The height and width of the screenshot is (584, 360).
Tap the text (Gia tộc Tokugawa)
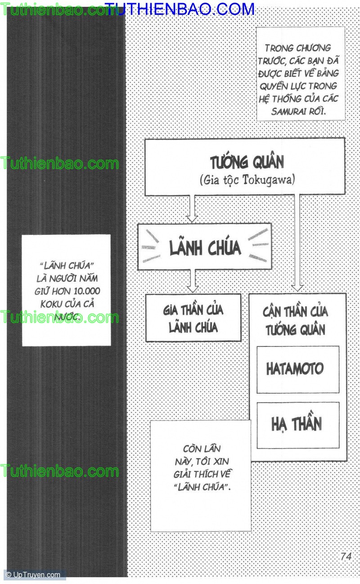(x=247, y=180)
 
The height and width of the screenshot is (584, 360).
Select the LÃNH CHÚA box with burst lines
(x=205, y=247)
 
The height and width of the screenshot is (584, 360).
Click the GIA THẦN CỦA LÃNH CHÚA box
(x=193, y=318)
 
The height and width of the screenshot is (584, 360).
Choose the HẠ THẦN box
(x=297, y=425)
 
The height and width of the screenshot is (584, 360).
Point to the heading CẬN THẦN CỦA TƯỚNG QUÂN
(x=296, y=320)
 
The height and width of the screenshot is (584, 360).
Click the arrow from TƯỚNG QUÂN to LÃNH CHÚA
(x=192, y=209)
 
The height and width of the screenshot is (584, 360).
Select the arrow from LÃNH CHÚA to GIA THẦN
(x=193, y=282)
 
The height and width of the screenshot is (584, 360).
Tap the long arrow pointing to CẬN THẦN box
(x=297, y=243)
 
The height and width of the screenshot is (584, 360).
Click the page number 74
(x=346, y=556)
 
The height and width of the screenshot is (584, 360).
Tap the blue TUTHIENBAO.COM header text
(x=180, y=8)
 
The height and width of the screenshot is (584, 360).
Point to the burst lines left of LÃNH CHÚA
(x=151, y=247)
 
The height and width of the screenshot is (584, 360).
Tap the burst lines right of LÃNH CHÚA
(x=258, y=244)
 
